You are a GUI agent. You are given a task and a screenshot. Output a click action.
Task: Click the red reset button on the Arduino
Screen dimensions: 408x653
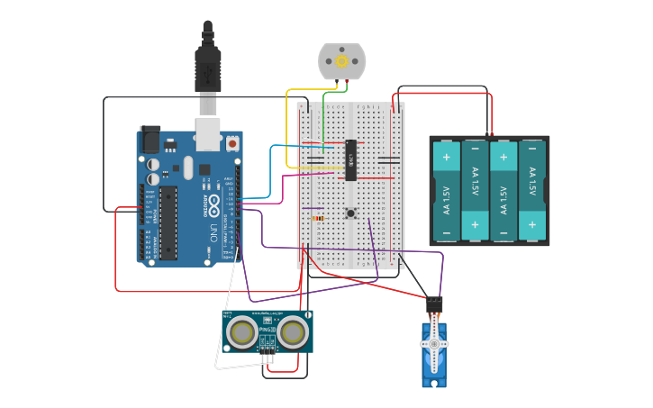pyautogui.click(x=232, y=142)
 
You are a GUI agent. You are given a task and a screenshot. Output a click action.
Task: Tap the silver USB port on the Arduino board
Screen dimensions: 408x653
pyautogui.click(x=208, y=132)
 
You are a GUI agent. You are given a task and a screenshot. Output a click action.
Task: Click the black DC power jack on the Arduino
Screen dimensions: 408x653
pyautogui.click(x=150, y=139)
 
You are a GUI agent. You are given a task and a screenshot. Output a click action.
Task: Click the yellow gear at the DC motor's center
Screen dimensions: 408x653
pyautogui.click(x=342, y=61)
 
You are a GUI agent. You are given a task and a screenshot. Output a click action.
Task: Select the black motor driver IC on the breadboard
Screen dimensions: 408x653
pyautogui.click(x=350, y=159)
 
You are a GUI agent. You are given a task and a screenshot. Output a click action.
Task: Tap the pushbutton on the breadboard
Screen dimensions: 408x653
pyautogui.click(x=350, y=213)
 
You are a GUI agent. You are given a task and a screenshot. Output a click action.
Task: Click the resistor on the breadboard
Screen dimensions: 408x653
pyautogui.click(x=317, y=217)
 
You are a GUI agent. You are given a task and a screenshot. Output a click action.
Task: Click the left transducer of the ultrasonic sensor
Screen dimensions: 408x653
pyautogui.click(x=242, y=333)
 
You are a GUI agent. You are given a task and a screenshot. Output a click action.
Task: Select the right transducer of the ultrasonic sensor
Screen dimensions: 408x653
pyautogui.click(x=292, y=333)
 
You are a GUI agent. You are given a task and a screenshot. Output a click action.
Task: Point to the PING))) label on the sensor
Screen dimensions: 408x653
pyautogui.click(x=267, y=330)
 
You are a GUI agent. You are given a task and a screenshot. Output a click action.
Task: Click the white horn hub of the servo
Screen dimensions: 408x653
pyautogui.click(x=434, y=344)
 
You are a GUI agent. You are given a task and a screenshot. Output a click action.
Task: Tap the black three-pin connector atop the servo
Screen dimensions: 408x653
pyautogui.click(x=434, y=304)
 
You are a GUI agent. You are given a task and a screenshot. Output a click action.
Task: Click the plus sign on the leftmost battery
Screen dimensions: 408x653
pyautogui.click(x=446, y=157)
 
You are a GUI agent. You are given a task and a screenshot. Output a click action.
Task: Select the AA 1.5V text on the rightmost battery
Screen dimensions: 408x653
pyautogui.click(x=532, y=184)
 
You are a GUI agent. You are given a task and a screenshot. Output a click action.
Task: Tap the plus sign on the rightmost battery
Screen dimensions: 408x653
pyautogui.click(x=532, y=223)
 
